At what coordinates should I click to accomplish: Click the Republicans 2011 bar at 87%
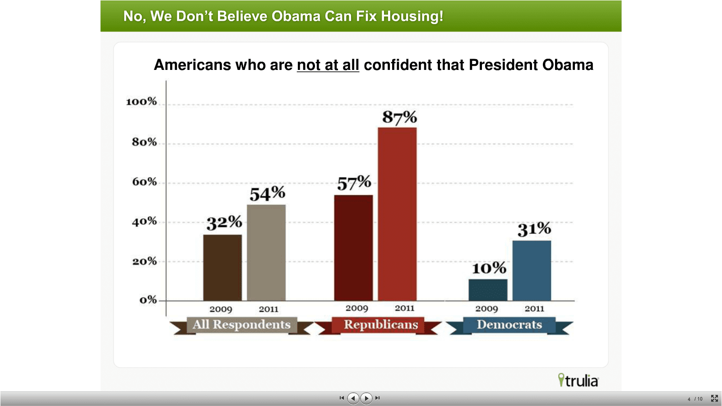397,214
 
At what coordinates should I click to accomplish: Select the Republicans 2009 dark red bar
353,248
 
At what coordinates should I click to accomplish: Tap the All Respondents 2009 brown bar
222,268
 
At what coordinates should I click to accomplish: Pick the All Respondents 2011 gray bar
266,253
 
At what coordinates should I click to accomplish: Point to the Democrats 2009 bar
488,290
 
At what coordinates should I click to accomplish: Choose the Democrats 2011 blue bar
532,270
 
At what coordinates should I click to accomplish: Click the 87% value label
399,117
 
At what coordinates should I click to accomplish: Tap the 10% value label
489,268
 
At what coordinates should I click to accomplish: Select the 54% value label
267,194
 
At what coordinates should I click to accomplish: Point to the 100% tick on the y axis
141,101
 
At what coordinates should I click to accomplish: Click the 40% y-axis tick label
144,221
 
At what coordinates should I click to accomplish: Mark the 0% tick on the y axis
148,300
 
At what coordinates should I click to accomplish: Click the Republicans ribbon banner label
381,325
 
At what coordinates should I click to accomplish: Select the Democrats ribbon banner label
509,325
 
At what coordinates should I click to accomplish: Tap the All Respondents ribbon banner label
241,325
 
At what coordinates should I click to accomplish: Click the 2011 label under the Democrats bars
534,309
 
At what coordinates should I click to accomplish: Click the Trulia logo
578,380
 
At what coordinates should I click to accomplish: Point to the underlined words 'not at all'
328,65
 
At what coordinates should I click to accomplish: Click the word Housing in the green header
412,16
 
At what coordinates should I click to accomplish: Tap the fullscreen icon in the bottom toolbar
714,398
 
